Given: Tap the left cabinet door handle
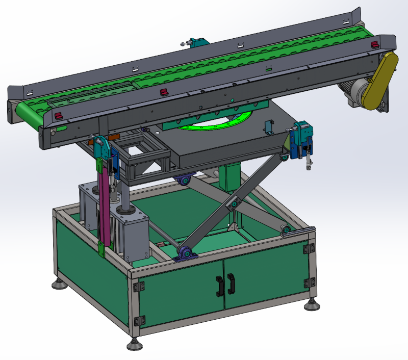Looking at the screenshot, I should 220,286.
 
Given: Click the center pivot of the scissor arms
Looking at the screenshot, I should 234,204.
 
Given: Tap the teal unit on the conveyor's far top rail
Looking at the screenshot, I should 195,42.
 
